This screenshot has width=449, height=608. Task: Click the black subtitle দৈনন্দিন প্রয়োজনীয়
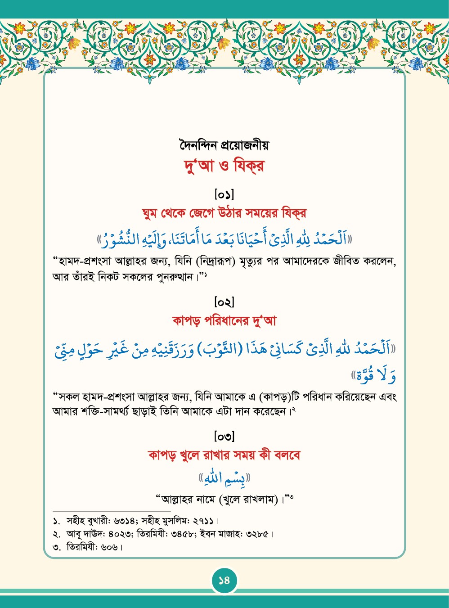pos(224,145)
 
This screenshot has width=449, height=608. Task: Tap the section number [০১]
pos(224,195)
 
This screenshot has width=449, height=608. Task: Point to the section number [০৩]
pos(224,436)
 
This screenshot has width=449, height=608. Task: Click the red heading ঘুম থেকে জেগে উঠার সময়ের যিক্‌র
pos(224,213)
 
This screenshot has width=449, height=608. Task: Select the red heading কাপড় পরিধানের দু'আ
pos(224,321)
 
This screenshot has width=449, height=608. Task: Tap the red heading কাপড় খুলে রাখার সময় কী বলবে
pos(224,455)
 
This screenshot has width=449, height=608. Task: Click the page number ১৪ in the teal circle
pos(224,580)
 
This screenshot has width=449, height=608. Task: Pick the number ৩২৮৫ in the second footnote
pos(258,535)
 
